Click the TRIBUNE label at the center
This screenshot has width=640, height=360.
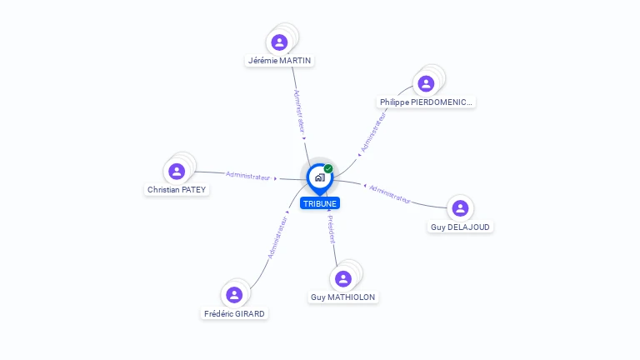coord(320,203)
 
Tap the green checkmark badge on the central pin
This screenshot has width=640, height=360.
coord(328,168)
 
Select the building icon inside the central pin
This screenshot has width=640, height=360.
coord(320,177)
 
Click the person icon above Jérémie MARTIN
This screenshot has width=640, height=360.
coord(280,42)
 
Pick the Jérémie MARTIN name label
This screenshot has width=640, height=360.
coord(280,60)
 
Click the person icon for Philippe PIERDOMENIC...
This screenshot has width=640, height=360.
coord(426,83)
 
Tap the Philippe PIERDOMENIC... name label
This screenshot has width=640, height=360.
coord(426,102)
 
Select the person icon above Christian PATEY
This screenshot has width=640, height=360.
coord(177,172)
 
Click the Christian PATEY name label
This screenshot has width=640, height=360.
coord(177,189)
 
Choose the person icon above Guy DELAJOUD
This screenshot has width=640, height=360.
coord(460,208)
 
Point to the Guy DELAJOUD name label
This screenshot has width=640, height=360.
coord(460,227)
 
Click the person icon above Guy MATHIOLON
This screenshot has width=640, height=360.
coord(343,279)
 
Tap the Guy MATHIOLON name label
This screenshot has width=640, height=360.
coord(343,297)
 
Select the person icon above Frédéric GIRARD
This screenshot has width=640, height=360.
coord(234,295)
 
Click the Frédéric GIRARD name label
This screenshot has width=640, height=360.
coord(234,313)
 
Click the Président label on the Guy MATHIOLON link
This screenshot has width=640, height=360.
coord(332,229)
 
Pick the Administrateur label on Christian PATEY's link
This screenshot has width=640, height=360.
coord(247,176)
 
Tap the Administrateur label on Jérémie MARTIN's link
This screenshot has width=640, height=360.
coord(300,112)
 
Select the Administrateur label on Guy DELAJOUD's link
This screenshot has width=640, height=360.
coord(390,194)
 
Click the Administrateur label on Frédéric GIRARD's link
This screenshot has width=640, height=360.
coord(277,237)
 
